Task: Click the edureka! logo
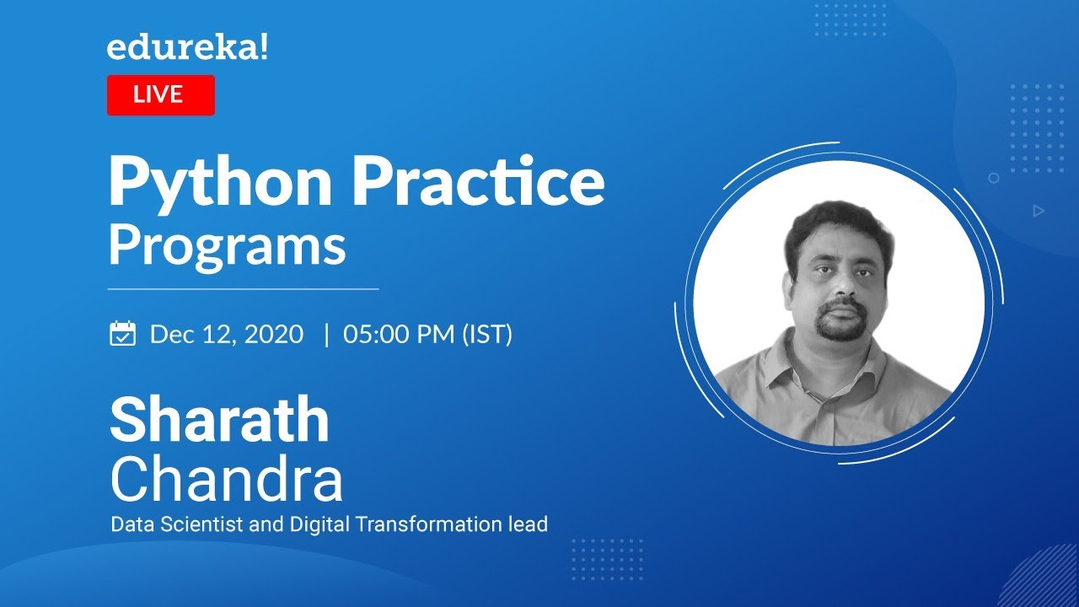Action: pos(187,48)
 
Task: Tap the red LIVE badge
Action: pos(161,95)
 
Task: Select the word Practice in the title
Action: pos(479,180)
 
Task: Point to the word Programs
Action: pos(228,247)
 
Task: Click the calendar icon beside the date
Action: pos(123,333)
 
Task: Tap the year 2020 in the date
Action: pos(274,334)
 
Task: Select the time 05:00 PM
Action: pos(399,334)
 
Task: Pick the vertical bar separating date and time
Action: pos(327,335)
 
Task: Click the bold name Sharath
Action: pos(220,420)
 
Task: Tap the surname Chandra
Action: pos(227,478)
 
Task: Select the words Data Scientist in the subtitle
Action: pos(176,524)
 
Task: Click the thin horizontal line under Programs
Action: pos(244,289)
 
